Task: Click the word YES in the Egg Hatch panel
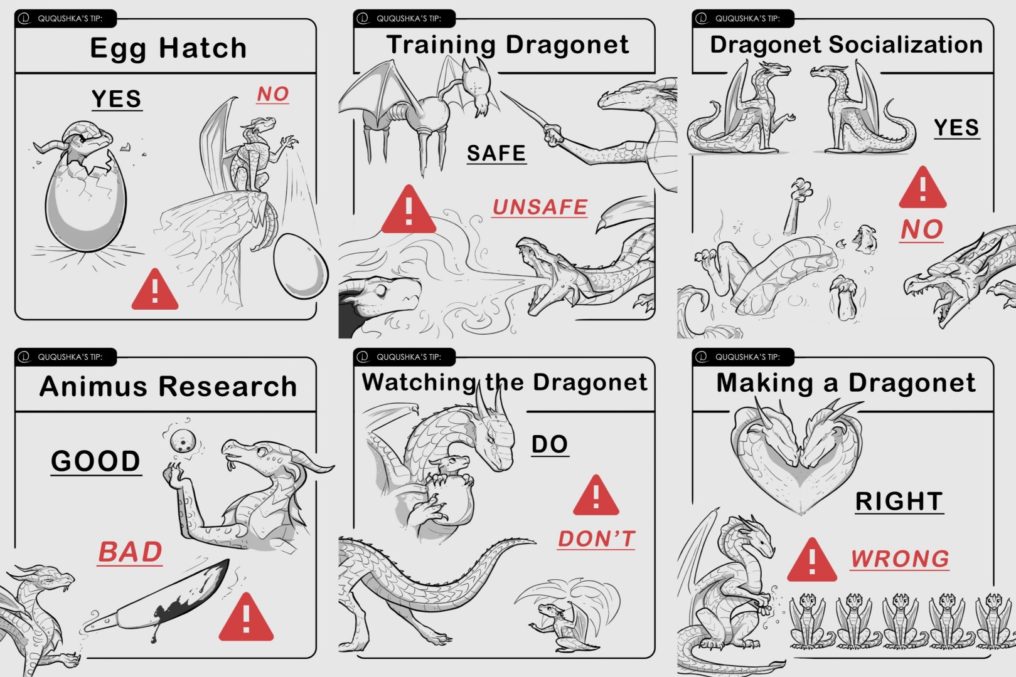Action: (117, 99)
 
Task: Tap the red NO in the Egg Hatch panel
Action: (272, 94)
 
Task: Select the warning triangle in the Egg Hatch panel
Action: (154, 289)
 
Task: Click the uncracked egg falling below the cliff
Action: (301, 266)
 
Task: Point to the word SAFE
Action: (496, 153)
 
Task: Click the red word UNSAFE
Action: (540, 207)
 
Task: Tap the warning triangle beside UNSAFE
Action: (409, 209)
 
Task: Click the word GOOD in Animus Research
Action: (96, 461)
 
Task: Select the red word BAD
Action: (130, 552)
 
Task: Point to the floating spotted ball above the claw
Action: (183, 441)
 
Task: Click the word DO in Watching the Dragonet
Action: (550, 444)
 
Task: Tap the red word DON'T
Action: (596, 539)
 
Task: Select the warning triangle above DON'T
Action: (596, 495)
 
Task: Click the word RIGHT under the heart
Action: (899, 501)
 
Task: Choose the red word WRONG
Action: (900, 559)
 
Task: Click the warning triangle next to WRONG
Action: (812, 560)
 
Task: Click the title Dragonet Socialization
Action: (847, 45)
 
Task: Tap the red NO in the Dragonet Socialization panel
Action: (922, 229)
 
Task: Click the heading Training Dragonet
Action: (508, 45)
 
